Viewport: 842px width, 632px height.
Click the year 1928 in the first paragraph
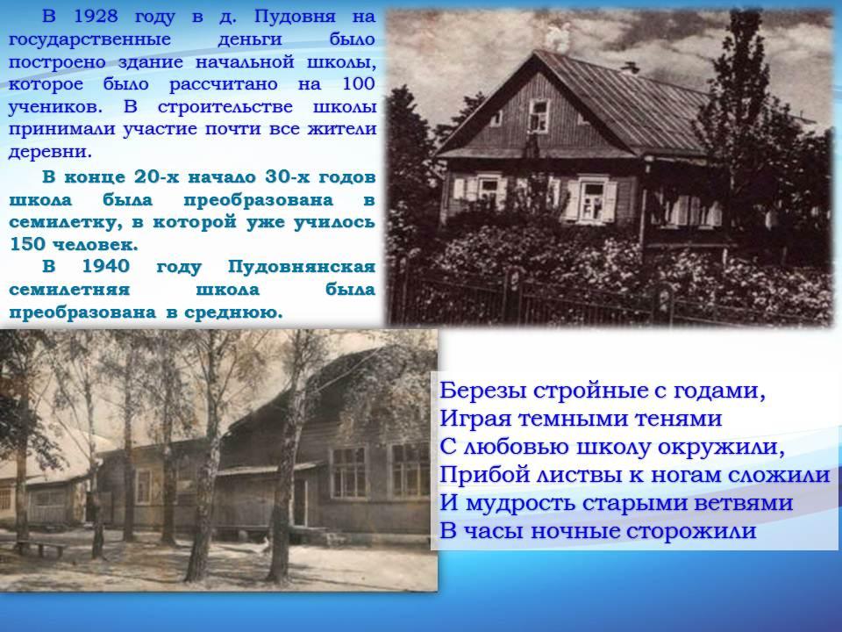(x=96, y=16)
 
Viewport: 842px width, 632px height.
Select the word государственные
(x=89, y=39)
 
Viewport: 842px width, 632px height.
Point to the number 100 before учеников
(x=358, y=84)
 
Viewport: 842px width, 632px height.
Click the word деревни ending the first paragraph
(x=50, y=152)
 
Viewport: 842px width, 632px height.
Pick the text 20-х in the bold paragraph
(x=156, y=176)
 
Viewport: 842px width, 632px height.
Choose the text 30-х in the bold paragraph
(x=287, y=176)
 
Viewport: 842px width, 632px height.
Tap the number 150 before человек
(x=27, y=244)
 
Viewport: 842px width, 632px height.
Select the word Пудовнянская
(x=301, y=268)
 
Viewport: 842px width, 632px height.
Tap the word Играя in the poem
(x=474, y=420)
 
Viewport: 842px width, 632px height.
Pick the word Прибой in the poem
(x=482, y=475)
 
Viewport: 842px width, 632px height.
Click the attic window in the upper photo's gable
(x=539, y=114)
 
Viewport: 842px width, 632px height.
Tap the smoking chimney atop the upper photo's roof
(x=559, y=38)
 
